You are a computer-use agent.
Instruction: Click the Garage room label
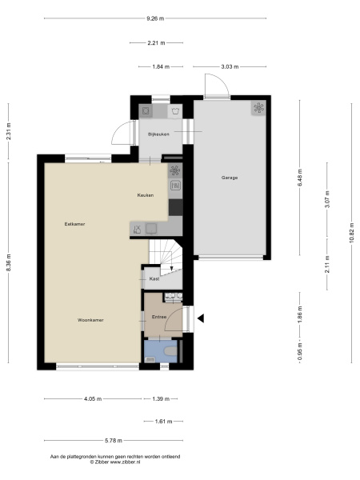tap(230, 178)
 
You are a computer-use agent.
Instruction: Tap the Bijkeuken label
tap(158, 134)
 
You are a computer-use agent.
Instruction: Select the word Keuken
tap(146, 195)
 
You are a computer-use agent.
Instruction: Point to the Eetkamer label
tap(74, 224)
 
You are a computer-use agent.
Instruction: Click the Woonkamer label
tap(90, 320)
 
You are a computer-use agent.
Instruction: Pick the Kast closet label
tap(154, 279)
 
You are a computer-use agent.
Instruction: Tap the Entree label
tap(159, 317)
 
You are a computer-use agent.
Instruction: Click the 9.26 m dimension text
tap(155, 18)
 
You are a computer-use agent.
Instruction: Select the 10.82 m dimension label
tap(352, 233)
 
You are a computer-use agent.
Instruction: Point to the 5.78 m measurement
tap(114, 441)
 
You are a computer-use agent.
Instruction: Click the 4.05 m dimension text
tap(93, 399)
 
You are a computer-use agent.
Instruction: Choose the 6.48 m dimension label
tap(300, 178)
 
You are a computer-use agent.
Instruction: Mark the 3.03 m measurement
tap(230, 66)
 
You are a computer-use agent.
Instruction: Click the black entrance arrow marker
tap(201, 318)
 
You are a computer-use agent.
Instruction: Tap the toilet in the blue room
tap(170, 351)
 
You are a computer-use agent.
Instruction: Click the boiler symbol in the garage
tap(258, 108)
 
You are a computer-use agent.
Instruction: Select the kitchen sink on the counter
tap(151, 229)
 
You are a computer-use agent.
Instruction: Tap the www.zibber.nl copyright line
tap(115, 462)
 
